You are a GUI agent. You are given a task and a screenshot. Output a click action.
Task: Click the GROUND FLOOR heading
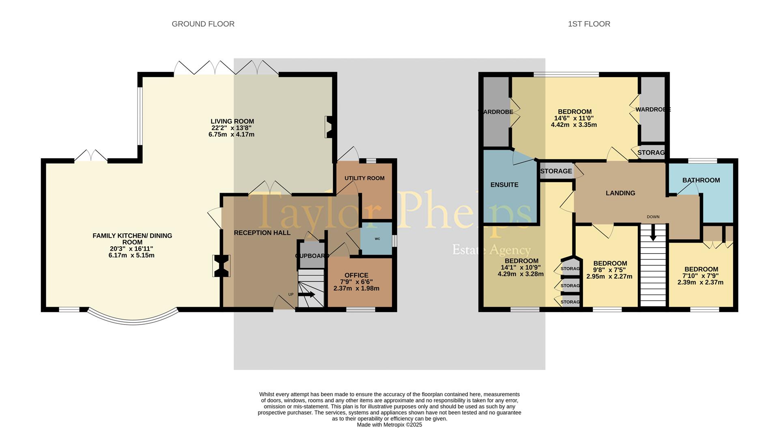coord(203,24)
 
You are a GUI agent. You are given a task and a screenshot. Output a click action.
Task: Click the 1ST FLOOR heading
coord(589,24)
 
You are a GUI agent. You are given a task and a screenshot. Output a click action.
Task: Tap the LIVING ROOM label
coord(232,121)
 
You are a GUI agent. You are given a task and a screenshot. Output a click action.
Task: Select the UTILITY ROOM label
coord(364,178)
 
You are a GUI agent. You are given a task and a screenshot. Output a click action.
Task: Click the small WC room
coord(377,239)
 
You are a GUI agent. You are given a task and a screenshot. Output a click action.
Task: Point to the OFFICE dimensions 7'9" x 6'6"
coord(356,282)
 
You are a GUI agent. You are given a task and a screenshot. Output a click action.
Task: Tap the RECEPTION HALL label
coord(262,232)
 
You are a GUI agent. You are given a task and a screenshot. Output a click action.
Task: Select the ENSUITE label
coord(504,185)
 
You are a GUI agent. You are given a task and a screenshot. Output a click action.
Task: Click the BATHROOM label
coord(701,180)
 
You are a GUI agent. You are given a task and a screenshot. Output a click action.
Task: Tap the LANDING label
coord(620,193)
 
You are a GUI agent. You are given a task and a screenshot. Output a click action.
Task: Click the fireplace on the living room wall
coord(329,127)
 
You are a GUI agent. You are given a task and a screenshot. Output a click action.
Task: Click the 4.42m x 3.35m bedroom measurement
coord(574,125)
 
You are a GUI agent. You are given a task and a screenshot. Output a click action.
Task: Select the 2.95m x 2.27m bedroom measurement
coord(609,277)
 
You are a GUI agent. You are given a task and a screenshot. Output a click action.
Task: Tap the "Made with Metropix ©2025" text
coord(389,425)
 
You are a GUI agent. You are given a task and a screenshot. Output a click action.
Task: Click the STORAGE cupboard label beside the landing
coord(556,171)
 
